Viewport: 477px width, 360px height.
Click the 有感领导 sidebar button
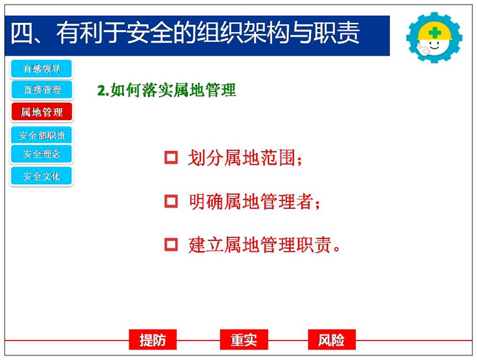[41, 69]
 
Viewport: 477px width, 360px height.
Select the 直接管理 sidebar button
[42, 90]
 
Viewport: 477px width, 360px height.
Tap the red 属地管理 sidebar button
[42, 112]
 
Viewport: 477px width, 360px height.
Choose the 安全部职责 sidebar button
[42, 135]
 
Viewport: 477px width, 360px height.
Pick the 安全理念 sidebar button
[41, 154]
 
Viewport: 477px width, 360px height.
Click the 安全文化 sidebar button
[42, 176]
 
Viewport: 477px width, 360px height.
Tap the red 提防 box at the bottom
[153, 340]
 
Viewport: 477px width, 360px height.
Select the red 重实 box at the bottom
[244, 340]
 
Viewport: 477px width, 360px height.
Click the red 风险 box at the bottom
[331, 340]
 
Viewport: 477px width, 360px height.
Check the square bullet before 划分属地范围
[171, 157]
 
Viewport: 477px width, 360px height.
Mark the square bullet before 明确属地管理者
[171, 201]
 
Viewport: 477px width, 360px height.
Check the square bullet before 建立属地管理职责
[171, 244]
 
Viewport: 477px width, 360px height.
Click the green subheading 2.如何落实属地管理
[167, 90]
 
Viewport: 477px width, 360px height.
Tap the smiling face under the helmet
[434, 46]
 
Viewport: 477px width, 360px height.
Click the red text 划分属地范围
[245, 158]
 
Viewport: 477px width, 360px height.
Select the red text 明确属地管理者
[254, 201]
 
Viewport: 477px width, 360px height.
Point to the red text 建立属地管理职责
[264, 245]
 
